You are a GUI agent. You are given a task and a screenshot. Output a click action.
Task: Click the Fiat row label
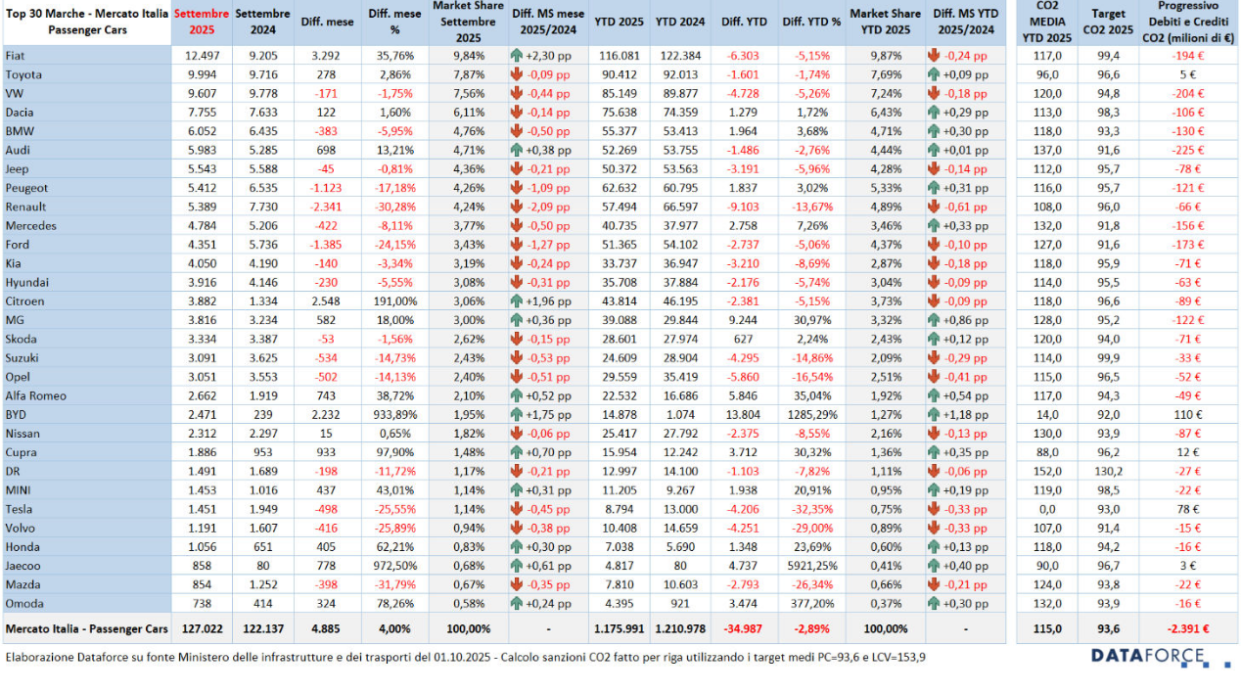point(17,56)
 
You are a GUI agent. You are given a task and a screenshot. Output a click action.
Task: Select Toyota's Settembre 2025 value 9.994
point(201,74)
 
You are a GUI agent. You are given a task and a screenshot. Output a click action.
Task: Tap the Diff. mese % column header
point(394,22)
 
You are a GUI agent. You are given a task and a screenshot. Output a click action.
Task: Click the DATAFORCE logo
point(1147,656)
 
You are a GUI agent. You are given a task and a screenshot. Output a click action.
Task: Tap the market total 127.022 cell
point(202,628)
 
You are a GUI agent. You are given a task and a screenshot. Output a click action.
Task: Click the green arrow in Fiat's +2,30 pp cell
point(518,56)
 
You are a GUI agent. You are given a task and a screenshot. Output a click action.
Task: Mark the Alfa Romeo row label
point(35,395)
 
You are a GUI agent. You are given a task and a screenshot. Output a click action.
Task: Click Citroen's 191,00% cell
point(394,301)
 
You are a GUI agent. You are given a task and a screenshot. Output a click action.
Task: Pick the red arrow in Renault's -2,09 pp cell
point(518,207)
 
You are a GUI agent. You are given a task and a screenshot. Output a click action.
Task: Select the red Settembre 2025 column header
point(202,22)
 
